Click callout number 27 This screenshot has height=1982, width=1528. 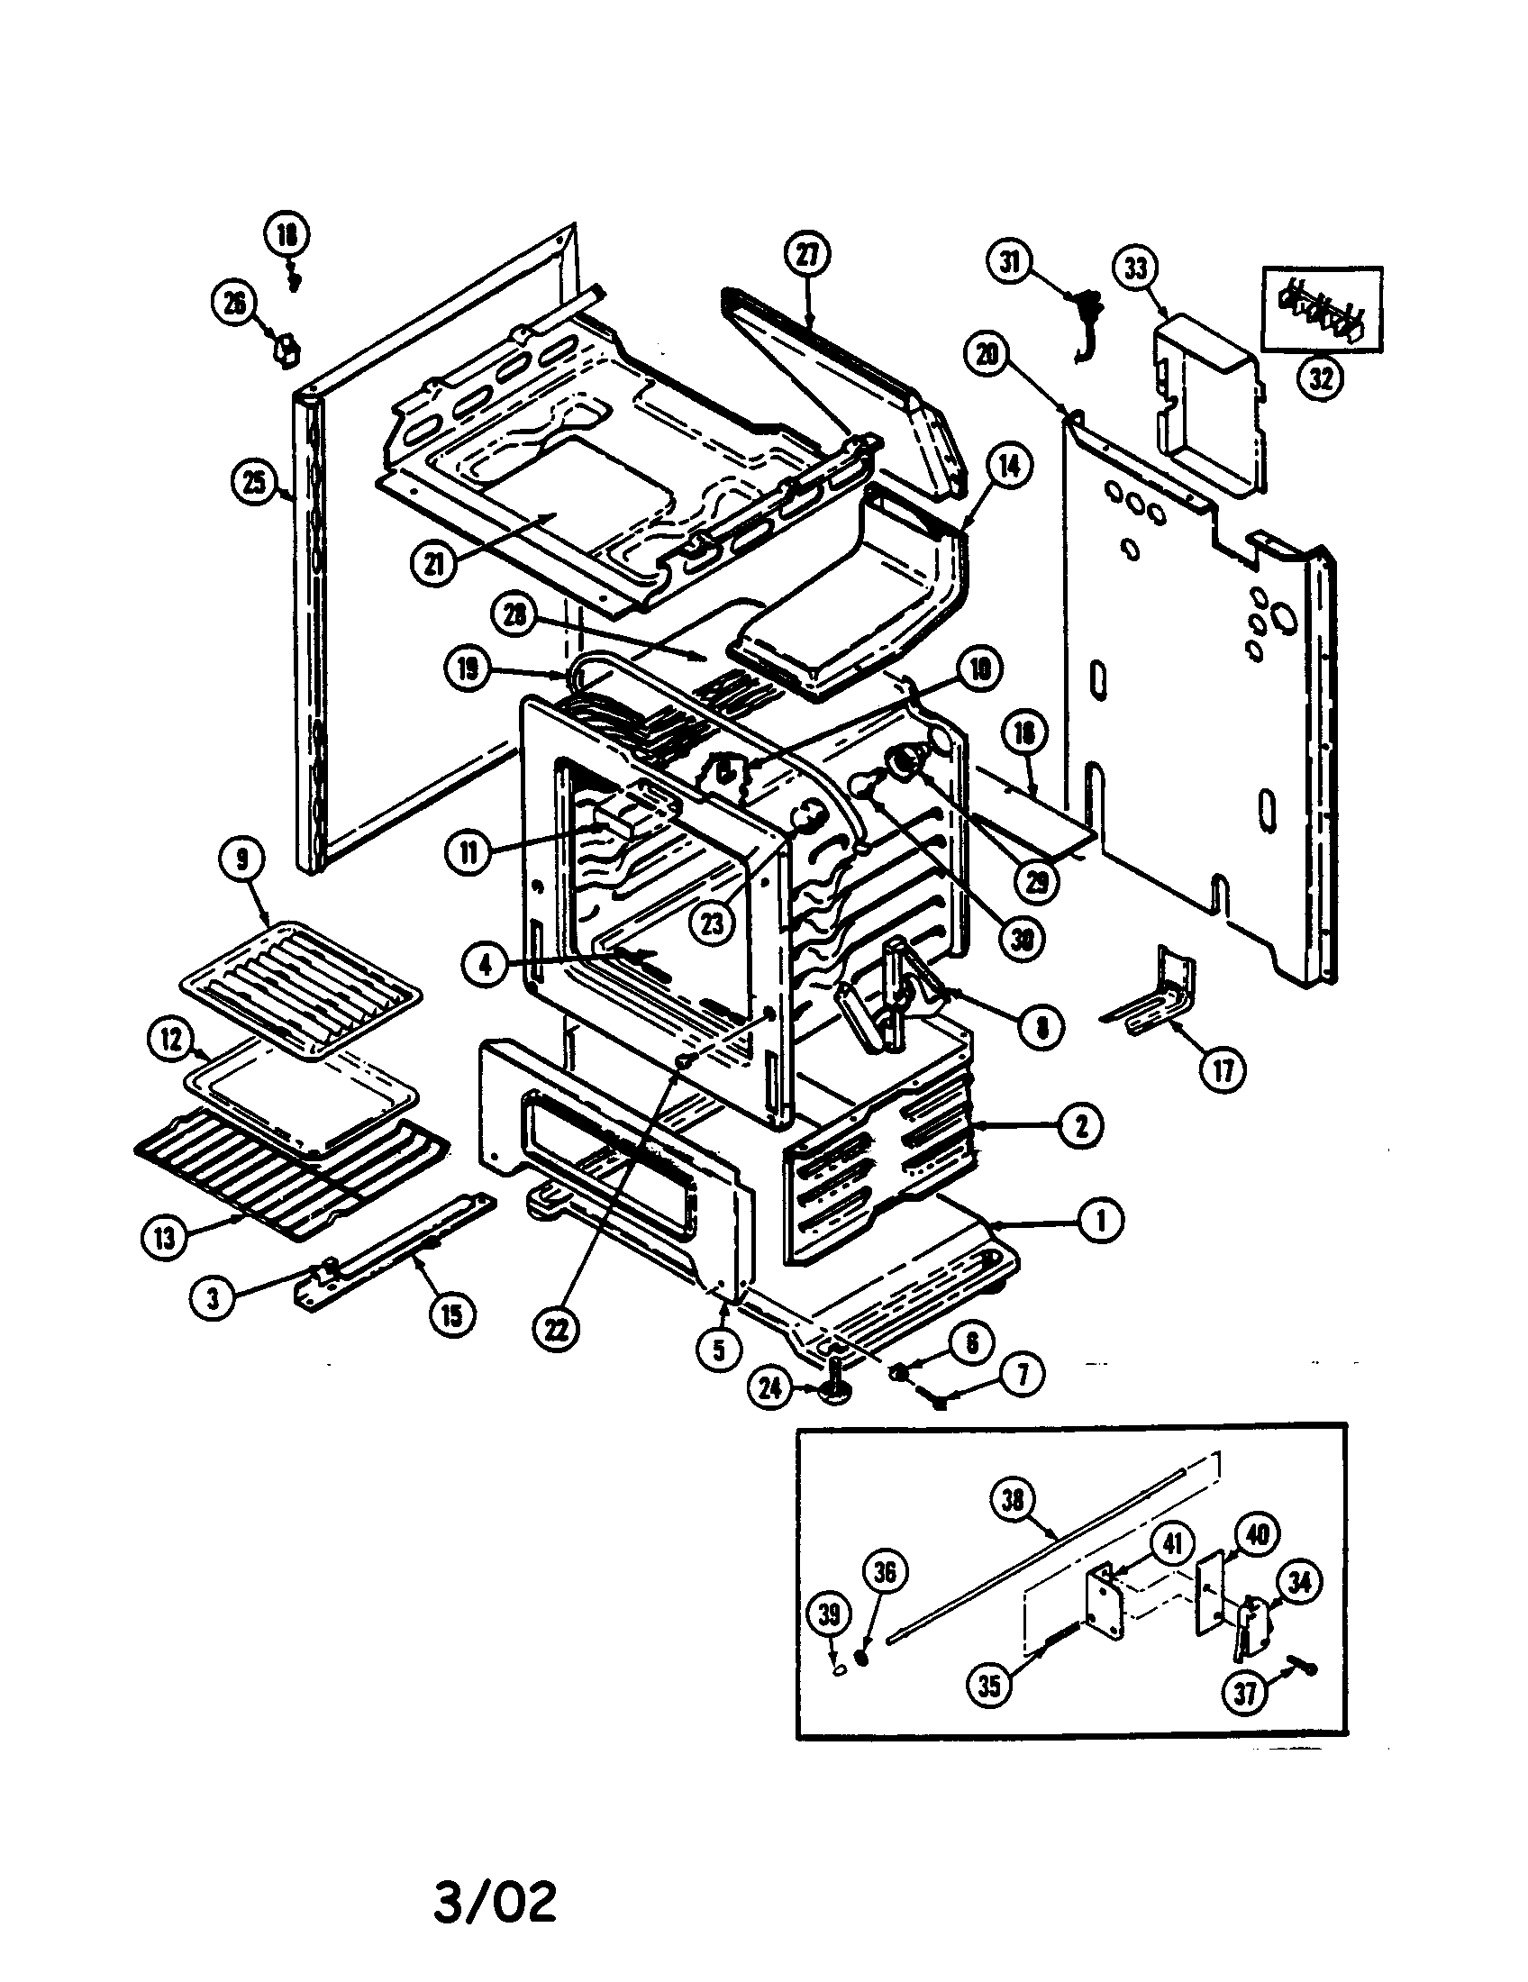[806, 256]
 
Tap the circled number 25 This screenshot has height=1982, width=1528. [255, 482]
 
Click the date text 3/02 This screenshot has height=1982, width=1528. [495, 1903]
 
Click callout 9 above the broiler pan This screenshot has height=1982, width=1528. [241, 860]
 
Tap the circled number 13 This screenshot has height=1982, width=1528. [165, 1238]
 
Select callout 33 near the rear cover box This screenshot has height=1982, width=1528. [1135, 268]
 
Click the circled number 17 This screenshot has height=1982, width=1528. [1223, 1071]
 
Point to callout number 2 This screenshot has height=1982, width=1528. [1079, 1126]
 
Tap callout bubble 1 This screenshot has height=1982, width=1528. [1101, 1221]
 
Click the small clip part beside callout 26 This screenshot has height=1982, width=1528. [286, 349]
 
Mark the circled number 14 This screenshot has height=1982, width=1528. [1008, 466]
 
